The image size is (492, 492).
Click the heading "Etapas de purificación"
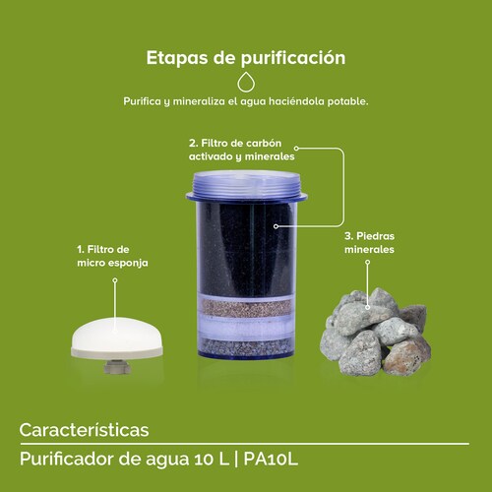[x=246, y=58]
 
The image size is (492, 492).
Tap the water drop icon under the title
[x=246, y=83]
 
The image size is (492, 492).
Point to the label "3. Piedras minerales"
[x=369, y=243]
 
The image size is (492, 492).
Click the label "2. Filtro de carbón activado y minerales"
[x=241, y=150]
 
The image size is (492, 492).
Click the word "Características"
[x=84, y=430]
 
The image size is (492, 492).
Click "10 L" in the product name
[x=228, y=460]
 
